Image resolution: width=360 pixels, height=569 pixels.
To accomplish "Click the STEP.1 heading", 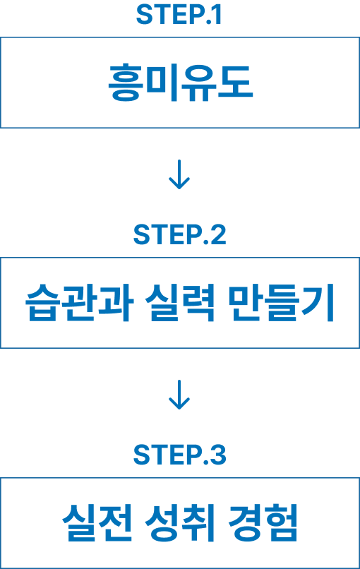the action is [179, 15].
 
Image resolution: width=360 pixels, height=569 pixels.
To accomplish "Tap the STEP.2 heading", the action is [179, 235].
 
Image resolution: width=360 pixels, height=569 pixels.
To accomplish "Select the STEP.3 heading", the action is [179, 455].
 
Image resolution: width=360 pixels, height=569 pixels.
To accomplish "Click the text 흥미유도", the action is [181, 83].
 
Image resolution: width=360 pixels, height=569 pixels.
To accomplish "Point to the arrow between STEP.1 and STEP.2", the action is [179, 174].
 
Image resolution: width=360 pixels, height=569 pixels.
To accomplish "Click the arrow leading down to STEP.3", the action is [179, 395].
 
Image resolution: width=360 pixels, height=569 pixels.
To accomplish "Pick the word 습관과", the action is [80, 303].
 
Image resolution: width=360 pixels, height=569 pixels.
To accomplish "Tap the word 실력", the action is [181, 303].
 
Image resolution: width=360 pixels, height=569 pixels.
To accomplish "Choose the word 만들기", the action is [281, 303].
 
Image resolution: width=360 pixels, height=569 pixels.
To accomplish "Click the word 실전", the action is [97, 523].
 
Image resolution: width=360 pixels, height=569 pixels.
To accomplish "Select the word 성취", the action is [181, 523].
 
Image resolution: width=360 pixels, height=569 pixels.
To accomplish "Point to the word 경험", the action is [263, 523].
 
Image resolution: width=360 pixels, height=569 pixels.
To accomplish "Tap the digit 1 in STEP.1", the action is [217, 15].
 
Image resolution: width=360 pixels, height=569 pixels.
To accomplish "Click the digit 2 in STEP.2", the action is [218, 235].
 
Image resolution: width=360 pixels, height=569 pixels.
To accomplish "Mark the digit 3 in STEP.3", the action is [218, 455].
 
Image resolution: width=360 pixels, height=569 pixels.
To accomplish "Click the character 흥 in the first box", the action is [125, 83].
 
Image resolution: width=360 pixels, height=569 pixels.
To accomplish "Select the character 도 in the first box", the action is [235, 82].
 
